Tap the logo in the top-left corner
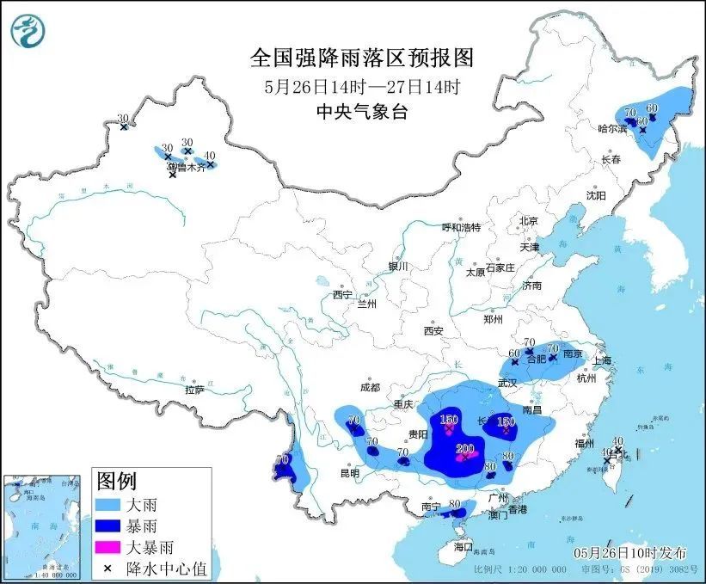(27, 31)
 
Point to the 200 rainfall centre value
(464, 448)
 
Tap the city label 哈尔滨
(611, 128)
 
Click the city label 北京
(528, 221)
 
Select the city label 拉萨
(194, 390)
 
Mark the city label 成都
(371, 387)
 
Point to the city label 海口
(464, 546)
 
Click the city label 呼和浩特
(461, 227)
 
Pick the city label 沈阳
(596, 196)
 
